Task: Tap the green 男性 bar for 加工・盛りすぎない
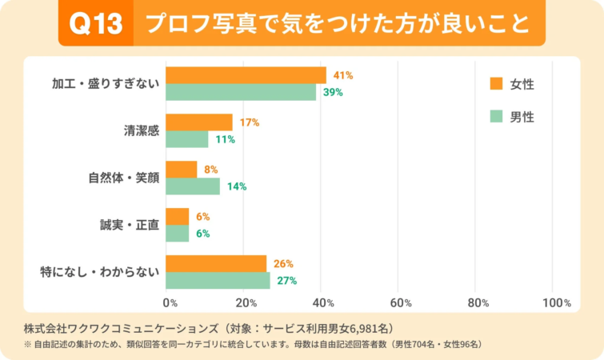click(241, 92)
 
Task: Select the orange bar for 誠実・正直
click(177, 217)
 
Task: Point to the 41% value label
click(343, 75)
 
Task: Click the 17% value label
click(250, 122)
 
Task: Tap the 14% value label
click(237, 186)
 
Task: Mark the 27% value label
click(287, 281)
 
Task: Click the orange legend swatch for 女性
click(495, 83)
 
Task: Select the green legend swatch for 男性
click(495, 117)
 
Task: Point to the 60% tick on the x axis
click(400, 303)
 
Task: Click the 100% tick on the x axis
click(556, 303)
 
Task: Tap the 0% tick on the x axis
click(170, 303)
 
